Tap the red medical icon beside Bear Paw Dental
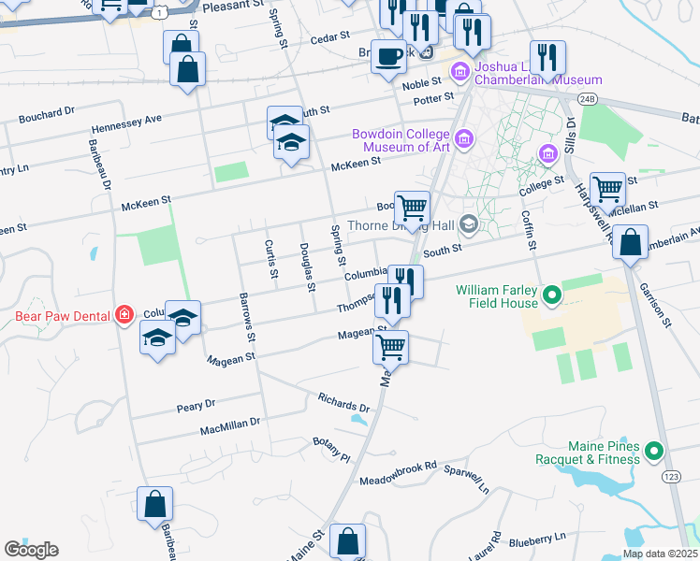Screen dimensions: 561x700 tap(124, 315)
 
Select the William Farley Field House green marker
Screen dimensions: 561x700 tap(551, 296)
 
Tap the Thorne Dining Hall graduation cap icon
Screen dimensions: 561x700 tap(468, 224)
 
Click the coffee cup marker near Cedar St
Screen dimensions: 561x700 tap(388, 56)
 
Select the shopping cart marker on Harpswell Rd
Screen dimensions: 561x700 tap(607, 190)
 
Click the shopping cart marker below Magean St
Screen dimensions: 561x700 tap(390, 347)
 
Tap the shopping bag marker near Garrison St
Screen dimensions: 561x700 tap(632, 242)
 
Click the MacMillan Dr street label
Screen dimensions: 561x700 tap(229, 429)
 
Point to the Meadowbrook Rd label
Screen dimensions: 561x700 tap(399, 473)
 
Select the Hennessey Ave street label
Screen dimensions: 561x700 tap(126, 123)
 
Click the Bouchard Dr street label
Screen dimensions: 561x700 tap(46, 116)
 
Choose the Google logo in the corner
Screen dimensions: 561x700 tap(31, 550)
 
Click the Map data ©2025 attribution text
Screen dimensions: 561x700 tap(660, 554)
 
